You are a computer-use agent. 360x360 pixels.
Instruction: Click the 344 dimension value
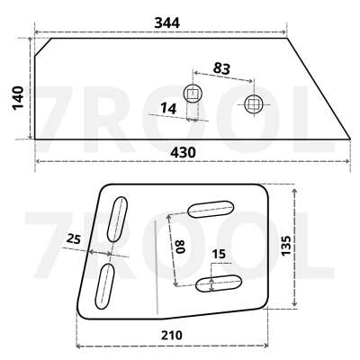click(166, 22)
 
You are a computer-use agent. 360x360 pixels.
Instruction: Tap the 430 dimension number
click(183, 153)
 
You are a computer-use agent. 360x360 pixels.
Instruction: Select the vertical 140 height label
click(18, 98)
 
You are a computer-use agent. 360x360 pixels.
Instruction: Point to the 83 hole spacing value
click(221, 68)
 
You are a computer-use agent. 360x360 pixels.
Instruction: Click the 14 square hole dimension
click(168, 108)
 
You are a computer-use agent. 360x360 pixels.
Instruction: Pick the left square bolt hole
click(193, 94)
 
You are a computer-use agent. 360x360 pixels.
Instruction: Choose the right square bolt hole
click(254, 104)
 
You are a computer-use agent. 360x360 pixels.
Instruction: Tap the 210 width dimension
click(172, 335)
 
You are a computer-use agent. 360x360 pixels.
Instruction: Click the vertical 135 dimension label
click(286, 246)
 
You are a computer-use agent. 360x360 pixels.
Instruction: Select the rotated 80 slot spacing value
click(181, 247)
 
